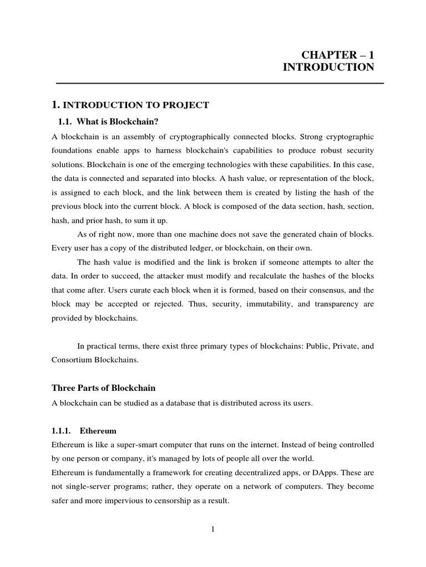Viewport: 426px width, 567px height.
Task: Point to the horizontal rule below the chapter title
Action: tap(220, 83)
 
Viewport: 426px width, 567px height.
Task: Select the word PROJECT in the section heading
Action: tap(184, 105)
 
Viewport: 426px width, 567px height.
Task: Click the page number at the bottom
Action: tap(212, 529)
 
